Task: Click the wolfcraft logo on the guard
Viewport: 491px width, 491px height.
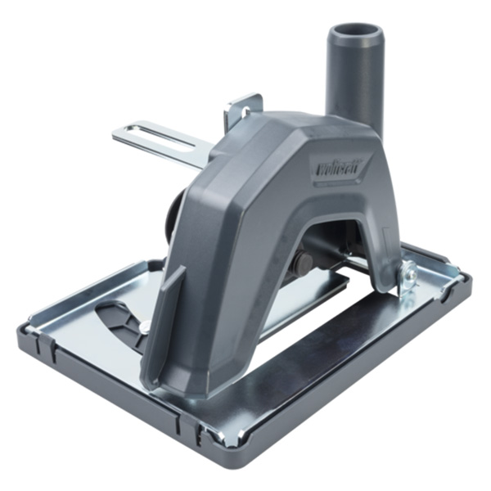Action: click(342, 165)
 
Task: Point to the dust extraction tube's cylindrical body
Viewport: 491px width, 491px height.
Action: click(353, 82)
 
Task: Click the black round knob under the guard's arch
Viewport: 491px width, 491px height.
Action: click(304, 263)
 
